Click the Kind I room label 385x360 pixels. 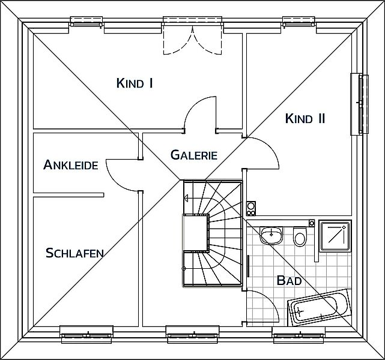click(135, 83)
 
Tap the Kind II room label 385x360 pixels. click(305, 118)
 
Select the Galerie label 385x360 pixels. click(194, 155)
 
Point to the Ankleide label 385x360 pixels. click(71, 164)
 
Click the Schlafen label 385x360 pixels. click(74, 253)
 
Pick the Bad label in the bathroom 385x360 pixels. click(289, 280)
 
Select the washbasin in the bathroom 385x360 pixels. click(271, 235)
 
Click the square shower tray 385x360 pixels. click(335, 236)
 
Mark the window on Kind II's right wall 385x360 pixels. click(360, 104)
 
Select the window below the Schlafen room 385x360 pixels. click(86, 334)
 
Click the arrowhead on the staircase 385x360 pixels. click(186, 198)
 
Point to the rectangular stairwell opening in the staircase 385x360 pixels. click(196, 232)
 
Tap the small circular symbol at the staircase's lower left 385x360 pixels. click(183, 269)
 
